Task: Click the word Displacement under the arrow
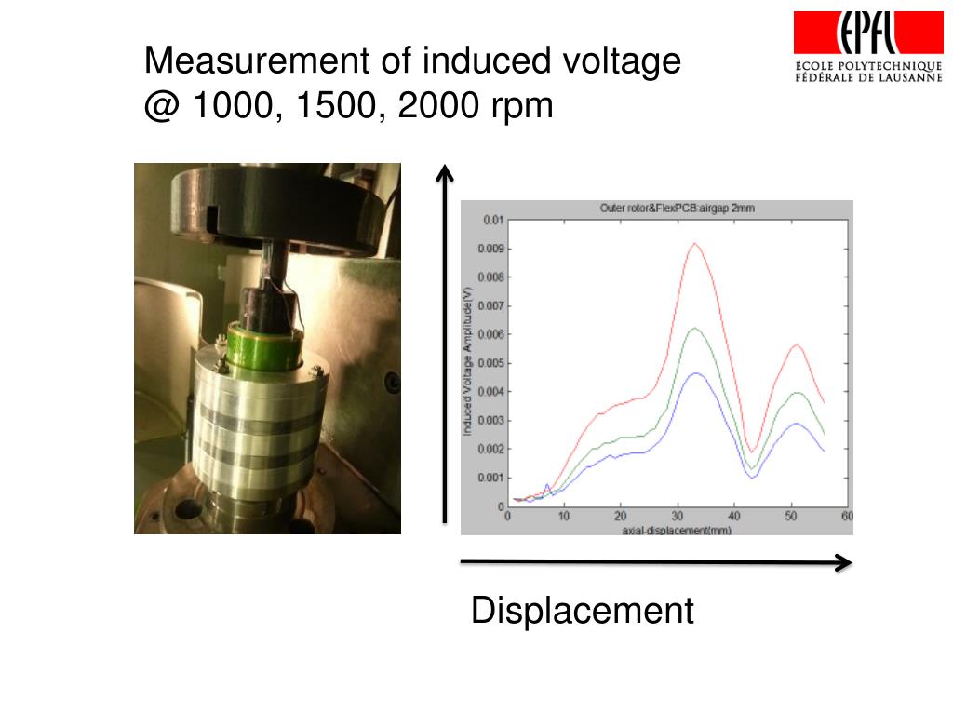(583, 612)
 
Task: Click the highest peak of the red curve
(694, 243)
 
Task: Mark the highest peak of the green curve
(693, 328)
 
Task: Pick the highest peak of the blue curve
(694, 373)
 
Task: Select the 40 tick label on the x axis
(733, 516)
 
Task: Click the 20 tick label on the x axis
(620, 516)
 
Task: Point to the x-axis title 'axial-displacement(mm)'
(677, 530)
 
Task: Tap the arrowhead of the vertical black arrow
(446, 170)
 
